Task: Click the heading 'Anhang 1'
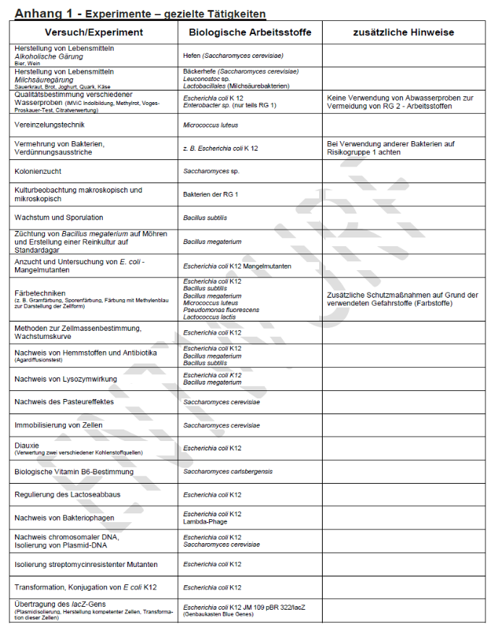pyautogui.click(x=42, y=13)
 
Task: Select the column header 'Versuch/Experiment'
pyautogui.click(x=94, y=33)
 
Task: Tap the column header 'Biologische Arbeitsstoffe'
pyautogui.click(x=250, y=33)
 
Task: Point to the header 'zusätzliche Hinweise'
pyautogui.click(x=403, y=33)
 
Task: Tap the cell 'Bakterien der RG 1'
pyautogui.click(x=216, y=195)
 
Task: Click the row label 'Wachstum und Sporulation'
pyautogui.click(x=59, y=217)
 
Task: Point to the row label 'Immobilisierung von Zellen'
pyautogui.click(x=59, y=425)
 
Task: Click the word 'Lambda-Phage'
pyautogui.click(x=205, y=521)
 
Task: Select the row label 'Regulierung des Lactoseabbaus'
pyautogui.click(x=68, y=495)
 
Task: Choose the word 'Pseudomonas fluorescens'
pyautogui.click(x=221, y=309)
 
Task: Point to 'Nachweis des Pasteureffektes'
pyautogui.click(x=61, y=402)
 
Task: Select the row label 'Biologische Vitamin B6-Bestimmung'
pyautogui.click(x=74, y=471)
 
